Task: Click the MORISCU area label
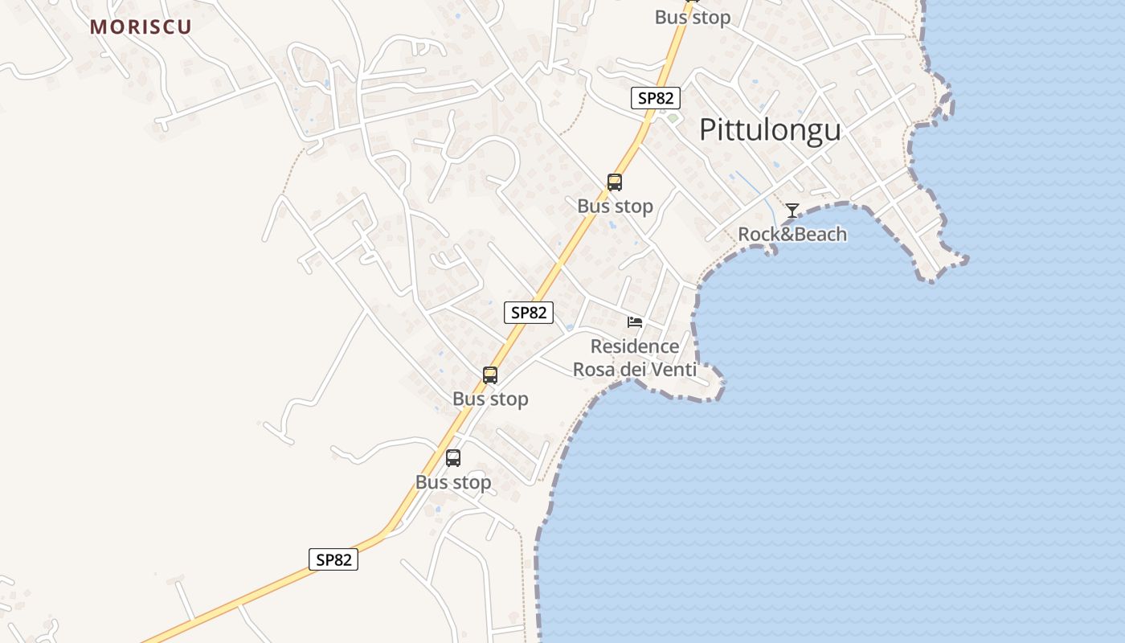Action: (141, 27)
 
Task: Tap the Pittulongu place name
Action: (770, 129)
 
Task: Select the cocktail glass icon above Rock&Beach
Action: (792, 211)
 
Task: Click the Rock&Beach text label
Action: (792, 235)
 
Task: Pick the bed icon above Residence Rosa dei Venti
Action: (635, 322)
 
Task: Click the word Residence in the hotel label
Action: (635, 346)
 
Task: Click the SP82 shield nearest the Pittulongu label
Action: (656, 98)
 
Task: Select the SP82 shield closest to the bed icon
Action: (529, 313)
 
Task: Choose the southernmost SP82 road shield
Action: (333, 559)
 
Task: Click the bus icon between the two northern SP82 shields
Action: (615, 182)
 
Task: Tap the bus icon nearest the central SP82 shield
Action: (490, 375)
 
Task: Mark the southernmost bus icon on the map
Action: (453, 458)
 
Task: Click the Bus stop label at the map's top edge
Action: (693, 18)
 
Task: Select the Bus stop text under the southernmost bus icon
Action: (453, 482)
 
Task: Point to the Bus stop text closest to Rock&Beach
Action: (616, 207)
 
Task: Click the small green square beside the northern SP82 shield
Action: (673, 118)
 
